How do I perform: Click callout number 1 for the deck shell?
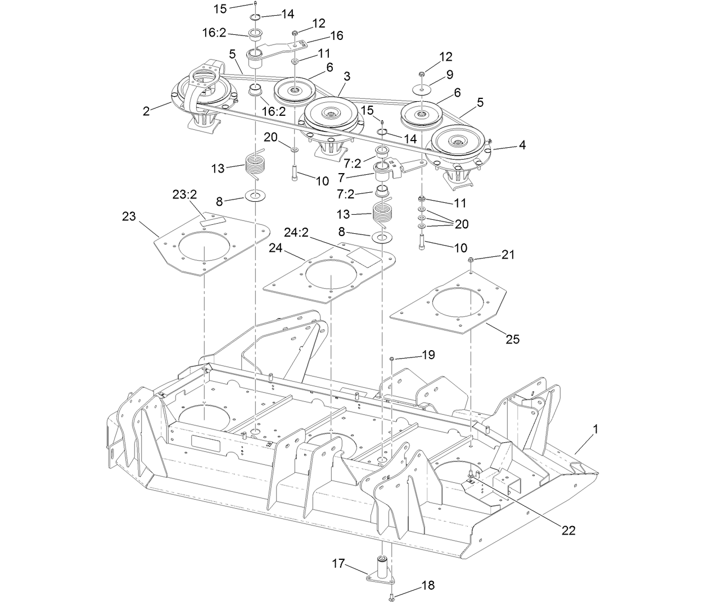tap(595, 429)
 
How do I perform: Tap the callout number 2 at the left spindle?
tap(146, 111)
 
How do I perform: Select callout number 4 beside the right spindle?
tap(522, 145)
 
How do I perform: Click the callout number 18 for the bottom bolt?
tap(428, 585)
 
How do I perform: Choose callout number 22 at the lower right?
tap(568, 530)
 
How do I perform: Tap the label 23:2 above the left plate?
tap(184, 195)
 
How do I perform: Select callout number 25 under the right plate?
tap(512, 339)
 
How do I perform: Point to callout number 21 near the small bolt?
tap(508, 255)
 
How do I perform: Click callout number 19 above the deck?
tap(428, 355)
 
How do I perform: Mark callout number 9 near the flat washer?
tap(449, 74)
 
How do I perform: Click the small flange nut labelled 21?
tap(471, 260)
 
